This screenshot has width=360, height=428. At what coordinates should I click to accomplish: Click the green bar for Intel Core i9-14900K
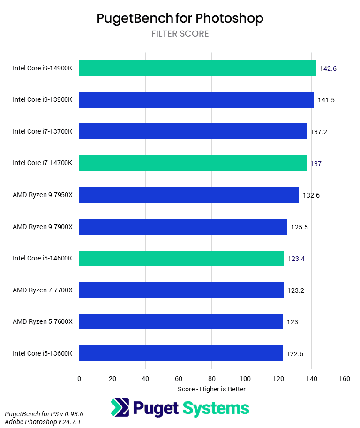click(197, 68)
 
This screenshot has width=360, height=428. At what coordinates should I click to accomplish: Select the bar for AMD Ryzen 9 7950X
click(189, 195)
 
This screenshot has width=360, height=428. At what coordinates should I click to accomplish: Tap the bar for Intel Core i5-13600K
click(181, 353)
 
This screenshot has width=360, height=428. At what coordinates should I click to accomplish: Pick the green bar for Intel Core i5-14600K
click(181, 258)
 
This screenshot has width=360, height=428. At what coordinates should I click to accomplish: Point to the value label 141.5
click(326, 100)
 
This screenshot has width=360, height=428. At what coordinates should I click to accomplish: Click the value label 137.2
click(318, 132)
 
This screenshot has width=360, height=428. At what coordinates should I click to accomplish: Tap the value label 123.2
click(296, 290)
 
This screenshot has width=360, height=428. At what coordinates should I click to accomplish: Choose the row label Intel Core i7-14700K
click(43, 163)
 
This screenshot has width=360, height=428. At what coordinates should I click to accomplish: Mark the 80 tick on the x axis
click(212, 379)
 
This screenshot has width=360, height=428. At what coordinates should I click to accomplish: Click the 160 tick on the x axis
click(345, 379)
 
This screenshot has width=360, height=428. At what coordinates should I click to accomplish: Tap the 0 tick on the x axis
click(79, 379)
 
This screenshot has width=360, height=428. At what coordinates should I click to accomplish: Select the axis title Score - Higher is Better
click(211, 389)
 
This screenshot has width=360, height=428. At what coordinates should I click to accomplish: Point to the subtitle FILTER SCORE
click(180, 34)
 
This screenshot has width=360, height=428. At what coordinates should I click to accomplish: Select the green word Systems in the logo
click(216, 408)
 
